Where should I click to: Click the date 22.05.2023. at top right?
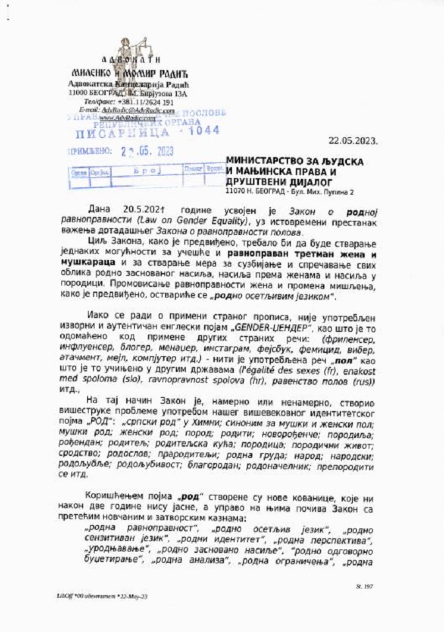pyautogui.click(x=352, y=140)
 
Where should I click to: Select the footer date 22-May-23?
pyautogui.click(x=135, y=596)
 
